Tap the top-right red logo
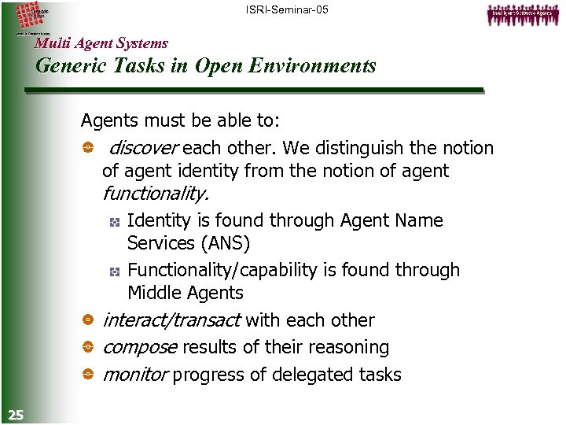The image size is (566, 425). point(521,13)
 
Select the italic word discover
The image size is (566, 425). point(144,148)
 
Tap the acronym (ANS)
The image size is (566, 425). point(221,243)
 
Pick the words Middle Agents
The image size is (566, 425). point(186,293)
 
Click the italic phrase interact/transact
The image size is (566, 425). point(171,320)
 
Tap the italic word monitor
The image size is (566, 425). point(134,375)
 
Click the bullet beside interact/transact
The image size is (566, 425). point(88,320)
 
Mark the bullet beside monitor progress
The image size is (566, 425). point(88,375)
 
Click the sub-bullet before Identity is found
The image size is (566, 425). point(114,222)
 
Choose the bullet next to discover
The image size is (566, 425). point(88,148)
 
